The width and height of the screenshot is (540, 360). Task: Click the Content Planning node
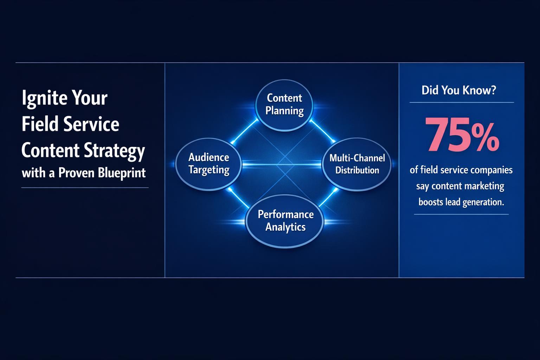pos(284,104)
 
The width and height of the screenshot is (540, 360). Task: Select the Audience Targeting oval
pos(209,164)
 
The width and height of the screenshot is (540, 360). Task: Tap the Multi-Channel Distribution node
pos(357,164)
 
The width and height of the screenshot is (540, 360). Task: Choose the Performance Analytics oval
pos(285,221)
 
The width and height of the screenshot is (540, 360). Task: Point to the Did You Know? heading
pos(459,90)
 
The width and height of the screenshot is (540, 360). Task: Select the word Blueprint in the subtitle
pos(122,173)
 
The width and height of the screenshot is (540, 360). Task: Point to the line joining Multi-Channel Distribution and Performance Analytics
pos(328,198)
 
